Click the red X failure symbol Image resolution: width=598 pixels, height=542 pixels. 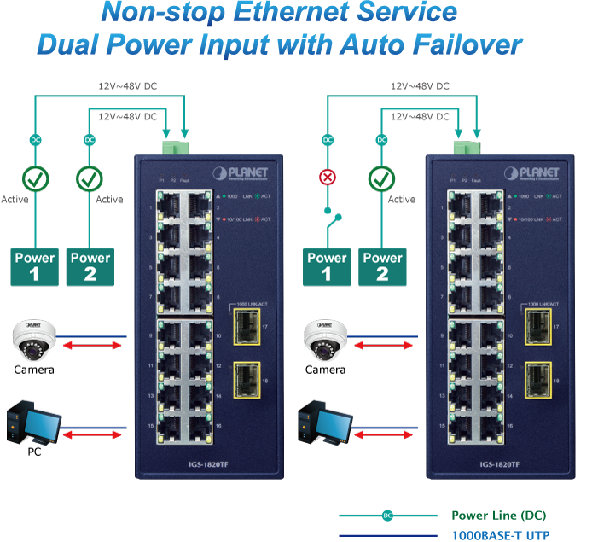[x=327, y=178]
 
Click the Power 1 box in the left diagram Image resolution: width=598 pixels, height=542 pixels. [x=35, y=266]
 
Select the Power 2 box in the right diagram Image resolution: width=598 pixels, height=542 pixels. [x=382, y=266]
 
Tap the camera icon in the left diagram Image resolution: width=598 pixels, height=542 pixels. [x=34, y=339]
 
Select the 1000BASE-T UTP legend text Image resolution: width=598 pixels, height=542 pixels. [x=500, y=535]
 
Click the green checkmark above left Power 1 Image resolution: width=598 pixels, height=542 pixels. [x=36, y=178]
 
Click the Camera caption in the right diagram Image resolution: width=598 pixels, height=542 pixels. [x=325, y=370]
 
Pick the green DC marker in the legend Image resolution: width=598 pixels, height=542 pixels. [x=387, y=516]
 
